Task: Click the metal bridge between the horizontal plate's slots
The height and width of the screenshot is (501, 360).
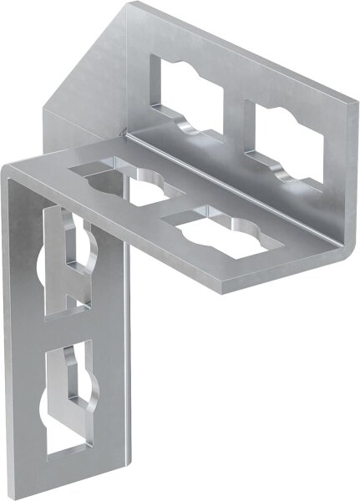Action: tap(171, 204)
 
